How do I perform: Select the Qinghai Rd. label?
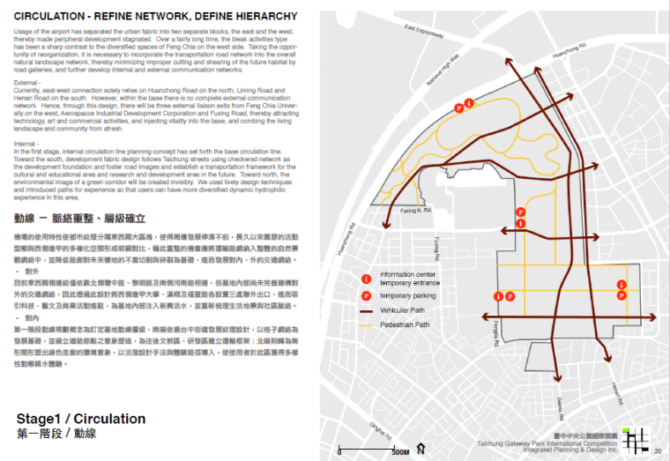pos(381,428)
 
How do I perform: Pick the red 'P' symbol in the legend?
pos(366,297)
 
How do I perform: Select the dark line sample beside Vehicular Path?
pos(366,311)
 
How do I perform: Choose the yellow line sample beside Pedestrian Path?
pos(366,325)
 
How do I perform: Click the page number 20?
pos(658,452)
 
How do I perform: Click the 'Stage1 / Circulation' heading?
pos(80,419)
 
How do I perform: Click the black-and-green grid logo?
pos(637,438)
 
